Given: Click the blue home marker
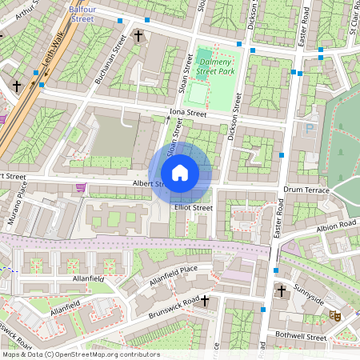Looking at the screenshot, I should coord(180,173).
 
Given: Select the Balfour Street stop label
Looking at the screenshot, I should coord(82,11).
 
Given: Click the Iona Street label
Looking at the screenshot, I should coord(188,114).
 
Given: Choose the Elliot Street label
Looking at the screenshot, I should coord(193,208).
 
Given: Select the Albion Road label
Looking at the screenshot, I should coord(337,225).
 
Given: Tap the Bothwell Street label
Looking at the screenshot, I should coord(302,338).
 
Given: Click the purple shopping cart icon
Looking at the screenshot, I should coord(80,187).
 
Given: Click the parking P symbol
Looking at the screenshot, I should coord(309,128).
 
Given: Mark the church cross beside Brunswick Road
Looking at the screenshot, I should coord(205,301).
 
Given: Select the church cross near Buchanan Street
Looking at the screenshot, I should coord(138,36).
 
